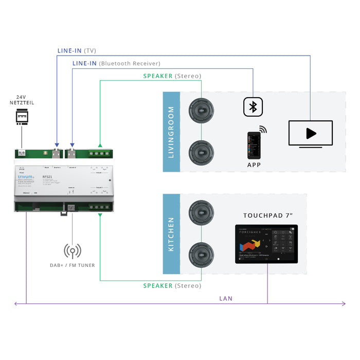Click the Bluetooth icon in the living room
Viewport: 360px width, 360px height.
tap(253, 107)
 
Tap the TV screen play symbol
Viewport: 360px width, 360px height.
tap(310, 134)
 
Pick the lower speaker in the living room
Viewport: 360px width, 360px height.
tap(201, 152)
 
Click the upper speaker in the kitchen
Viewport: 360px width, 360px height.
tap(201, 212)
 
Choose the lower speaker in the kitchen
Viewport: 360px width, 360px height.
tap(201, 255)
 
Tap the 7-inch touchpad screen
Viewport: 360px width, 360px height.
tap(266, 244)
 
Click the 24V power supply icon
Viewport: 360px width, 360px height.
tap(22, 118)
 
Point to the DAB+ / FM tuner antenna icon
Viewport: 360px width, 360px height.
tap(72, 251)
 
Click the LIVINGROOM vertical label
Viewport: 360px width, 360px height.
tap(171, 132)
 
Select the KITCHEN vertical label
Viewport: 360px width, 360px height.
tap(171, 234)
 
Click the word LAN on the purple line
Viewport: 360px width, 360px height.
tap(226, 298)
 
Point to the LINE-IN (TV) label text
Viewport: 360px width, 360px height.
tap(77, 51)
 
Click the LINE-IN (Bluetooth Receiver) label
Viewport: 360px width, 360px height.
tap(116, 63)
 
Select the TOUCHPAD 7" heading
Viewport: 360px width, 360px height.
tap(268, 215)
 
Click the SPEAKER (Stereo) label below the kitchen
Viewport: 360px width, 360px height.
tap(172, 285)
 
